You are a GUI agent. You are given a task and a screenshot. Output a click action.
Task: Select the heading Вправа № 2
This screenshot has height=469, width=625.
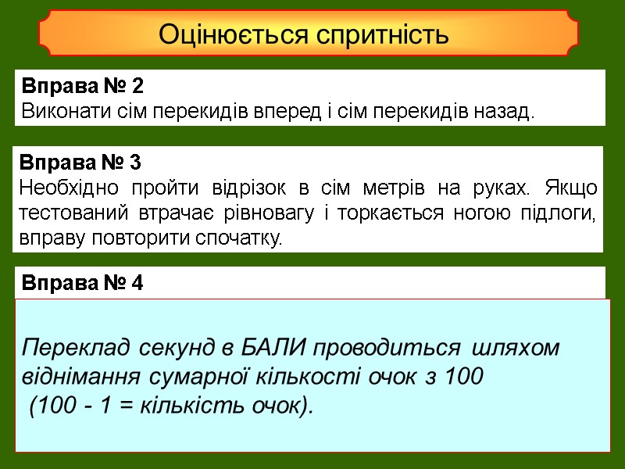84,84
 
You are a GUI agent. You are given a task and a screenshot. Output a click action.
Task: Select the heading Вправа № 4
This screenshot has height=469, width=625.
82,283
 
